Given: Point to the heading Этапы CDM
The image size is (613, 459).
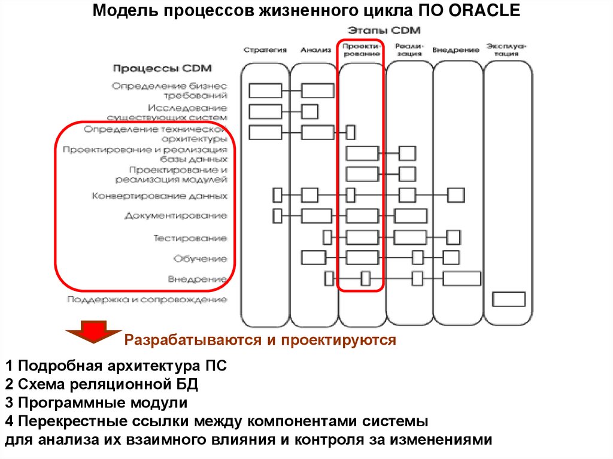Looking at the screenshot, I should click(x=384, y=30).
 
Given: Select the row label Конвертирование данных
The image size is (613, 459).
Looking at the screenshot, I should click(x=160, y=195).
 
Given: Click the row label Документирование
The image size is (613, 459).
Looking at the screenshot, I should click(x=176, y=215).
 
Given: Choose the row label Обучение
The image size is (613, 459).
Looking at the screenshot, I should click(x=201, y=259).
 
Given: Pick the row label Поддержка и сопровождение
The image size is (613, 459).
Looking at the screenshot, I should click(x=147, y=299).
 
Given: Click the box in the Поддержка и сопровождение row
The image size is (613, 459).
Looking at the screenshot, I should click(x=508, y=299).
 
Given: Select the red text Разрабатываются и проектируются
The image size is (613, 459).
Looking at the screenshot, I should click(x=260, y=341).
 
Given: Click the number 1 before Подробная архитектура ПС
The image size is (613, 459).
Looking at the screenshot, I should click(x=9, y=366).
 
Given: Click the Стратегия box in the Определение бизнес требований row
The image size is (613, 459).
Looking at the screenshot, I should click(x=265, y=90).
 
